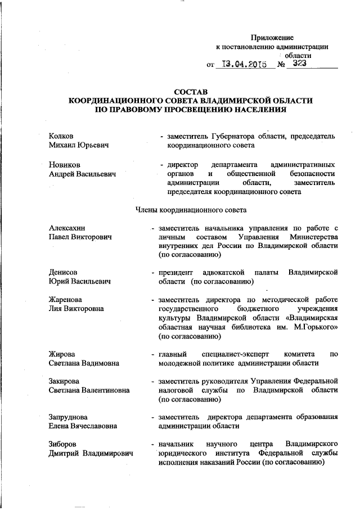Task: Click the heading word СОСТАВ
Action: pyautogui.click(x=191, y=91)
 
